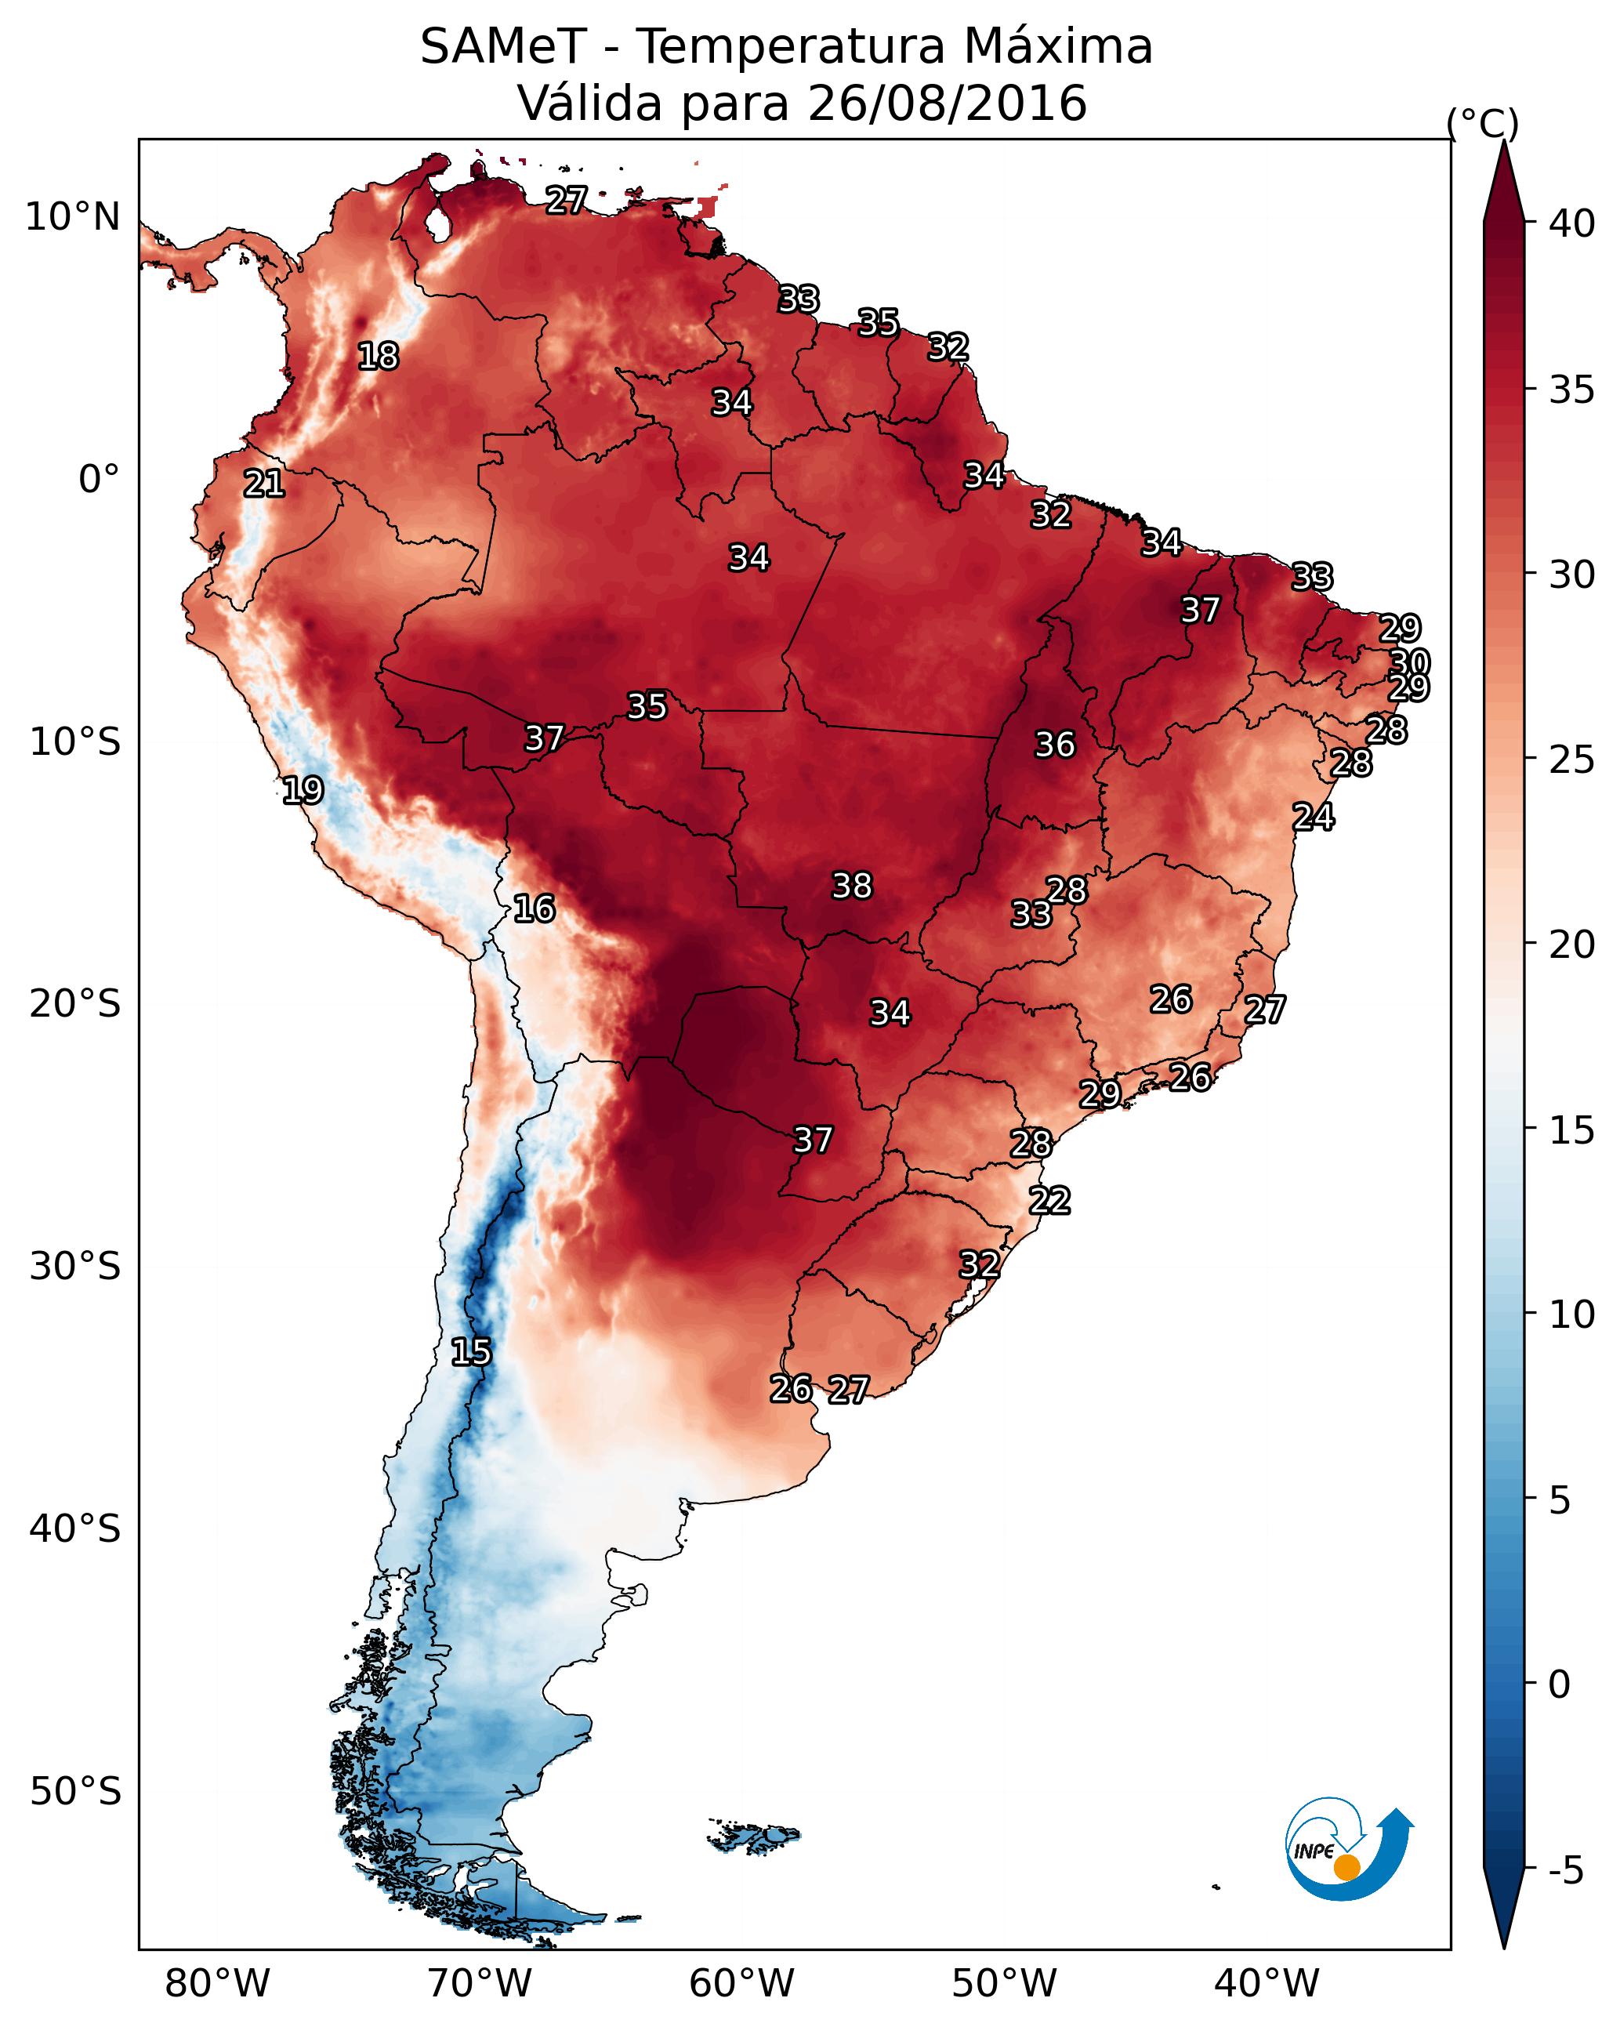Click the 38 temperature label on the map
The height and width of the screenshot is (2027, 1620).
pyautogui.click(x=852, y=886)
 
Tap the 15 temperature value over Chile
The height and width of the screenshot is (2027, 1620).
pyautogui.click(x=471, y=1352)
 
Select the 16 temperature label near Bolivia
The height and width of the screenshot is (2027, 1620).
pyautogui.click(x=534, y=908)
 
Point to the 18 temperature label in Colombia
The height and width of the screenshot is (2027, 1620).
pyautogui.click(x=378, y=357)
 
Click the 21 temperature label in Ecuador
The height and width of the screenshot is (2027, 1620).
pyautogui.click(x=264, y=484)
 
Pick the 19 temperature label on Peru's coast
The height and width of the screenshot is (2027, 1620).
pyautogui.click(x=303, y=790)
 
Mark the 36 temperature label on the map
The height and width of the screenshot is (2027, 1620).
pyautogui.click(x=1055, y=745)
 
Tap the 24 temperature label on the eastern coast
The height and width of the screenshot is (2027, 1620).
pyautogui.click(x=1314, y=817)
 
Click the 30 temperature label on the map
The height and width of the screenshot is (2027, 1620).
pyautogui.click(x=1409, y=663)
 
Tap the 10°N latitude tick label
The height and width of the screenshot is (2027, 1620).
pyautogui.click(x=72, y=217)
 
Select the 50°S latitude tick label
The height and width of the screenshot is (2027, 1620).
pyautogui.click(x=75, y=1791)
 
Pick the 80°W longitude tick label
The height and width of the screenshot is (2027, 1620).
pyautogui.click(x=217, y=1983)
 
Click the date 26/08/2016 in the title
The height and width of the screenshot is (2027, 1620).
pyautogui.click(x=947, y=103)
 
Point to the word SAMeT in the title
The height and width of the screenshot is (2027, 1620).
pyautogui.click(x=503, y=47)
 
